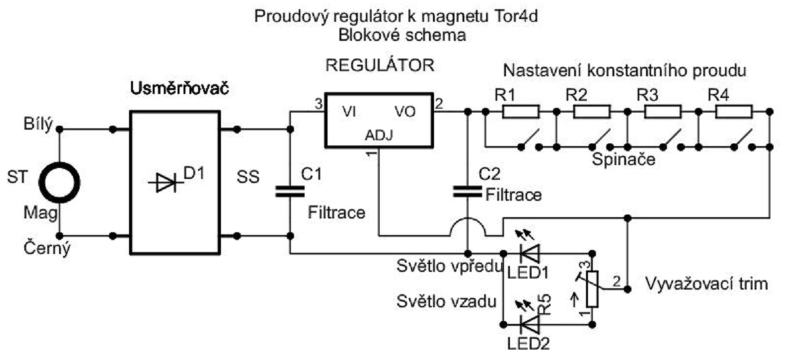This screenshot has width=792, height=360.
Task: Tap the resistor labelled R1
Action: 520,113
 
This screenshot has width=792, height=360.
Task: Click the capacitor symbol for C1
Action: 290,192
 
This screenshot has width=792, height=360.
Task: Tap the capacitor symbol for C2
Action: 466,192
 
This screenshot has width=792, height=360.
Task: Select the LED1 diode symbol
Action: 528,253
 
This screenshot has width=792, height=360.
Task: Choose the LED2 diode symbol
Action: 528,324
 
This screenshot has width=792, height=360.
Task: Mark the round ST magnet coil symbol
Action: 60,180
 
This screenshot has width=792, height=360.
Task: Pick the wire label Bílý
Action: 39,126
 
